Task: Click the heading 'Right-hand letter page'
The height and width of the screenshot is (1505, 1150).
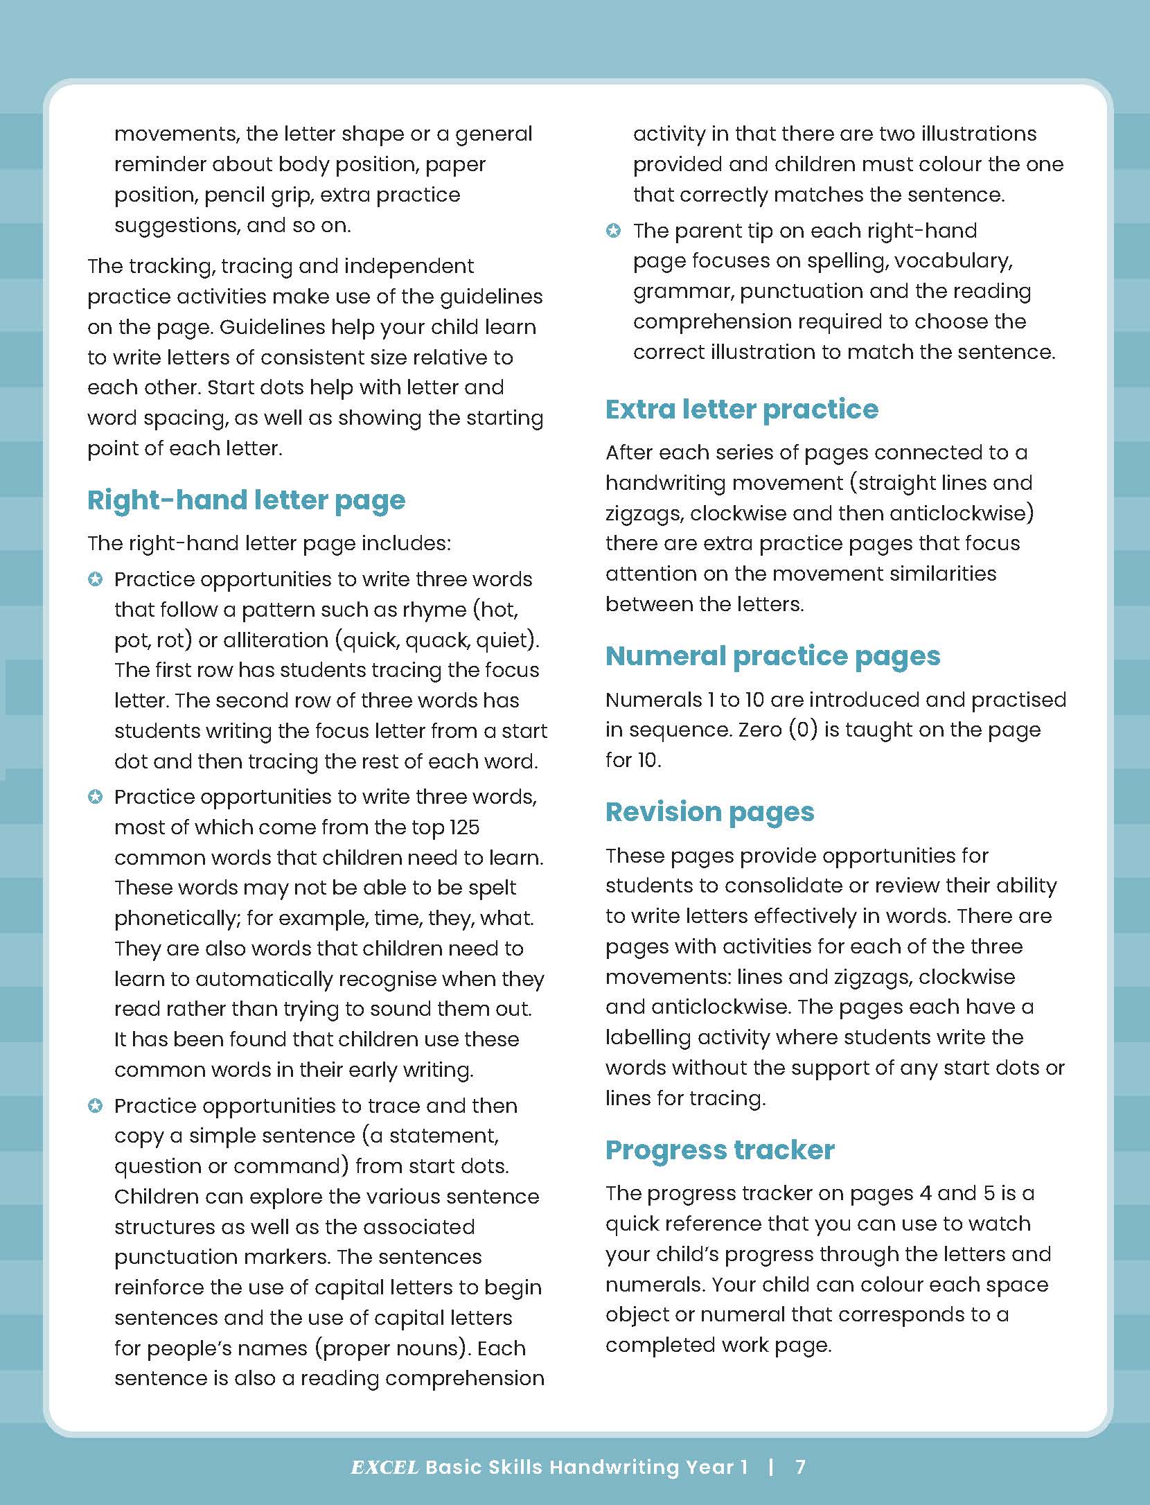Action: pyautogui.click(x=246, y=500)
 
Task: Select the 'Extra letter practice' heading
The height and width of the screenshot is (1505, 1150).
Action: pyautogui.click(x=741, y=410)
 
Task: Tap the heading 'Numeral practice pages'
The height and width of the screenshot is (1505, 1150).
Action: pyautogui.click(x=772, y=656)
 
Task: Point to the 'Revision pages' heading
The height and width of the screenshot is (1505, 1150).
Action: pyautogui.click(x=709, y=812)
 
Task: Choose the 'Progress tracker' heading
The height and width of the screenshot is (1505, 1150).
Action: pyautogui.click(x=719, y=1150)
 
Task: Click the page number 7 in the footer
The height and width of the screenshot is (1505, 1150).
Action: pyautogui.click(x=800, y=1467)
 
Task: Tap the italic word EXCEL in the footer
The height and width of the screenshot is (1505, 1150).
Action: pyautogui.click(x=384, y=1468)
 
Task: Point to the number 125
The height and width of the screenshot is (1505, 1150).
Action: pyautogui.click(x=464, y=827)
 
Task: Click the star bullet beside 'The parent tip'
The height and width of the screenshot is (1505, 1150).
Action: pyautogui.click(x=613, y=231)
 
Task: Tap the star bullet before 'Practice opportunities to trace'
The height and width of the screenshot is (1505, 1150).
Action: pyautogui.click(x=96, y=1106)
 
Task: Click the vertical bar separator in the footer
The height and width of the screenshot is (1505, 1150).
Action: pyautogui.click(x=772, y=1467)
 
